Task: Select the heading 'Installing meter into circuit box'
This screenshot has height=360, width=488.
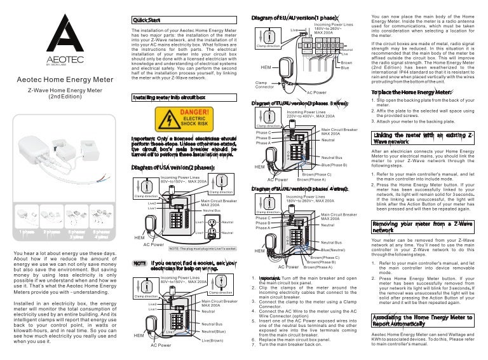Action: coord(168,97)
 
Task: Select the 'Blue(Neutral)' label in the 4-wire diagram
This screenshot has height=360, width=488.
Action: coord(334,251)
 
